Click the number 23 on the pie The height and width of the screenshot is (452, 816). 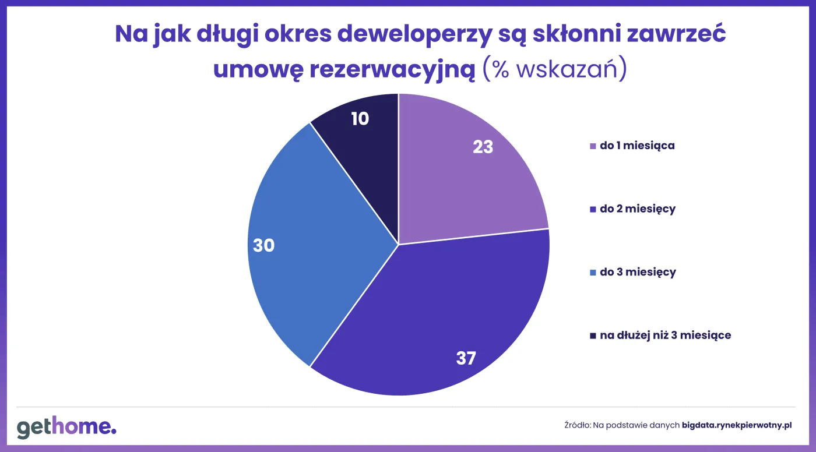(483, 147)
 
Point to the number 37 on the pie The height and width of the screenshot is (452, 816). (466, 358)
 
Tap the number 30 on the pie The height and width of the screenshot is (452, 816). (263, 245)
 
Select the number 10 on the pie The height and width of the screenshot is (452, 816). (360, 119)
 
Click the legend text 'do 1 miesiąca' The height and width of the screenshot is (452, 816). (637, 146)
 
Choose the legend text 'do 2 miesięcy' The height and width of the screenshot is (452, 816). (637, 209)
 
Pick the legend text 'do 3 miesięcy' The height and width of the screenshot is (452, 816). (638, 272)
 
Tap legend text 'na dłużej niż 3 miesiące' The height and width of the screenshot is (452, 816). (665, 335)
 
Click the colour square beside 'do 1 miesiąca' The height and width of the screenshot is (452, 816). (593, 146)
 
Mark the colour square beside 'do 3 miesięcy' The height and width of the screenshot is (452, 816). (593, 273)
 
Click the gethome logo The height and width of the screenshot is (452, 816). (66, 428)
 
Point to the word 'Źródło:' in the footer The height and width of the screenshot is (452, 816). (577, 426)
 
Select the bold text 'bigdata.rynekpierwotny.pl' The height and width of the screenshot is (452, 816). (737, 426)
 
